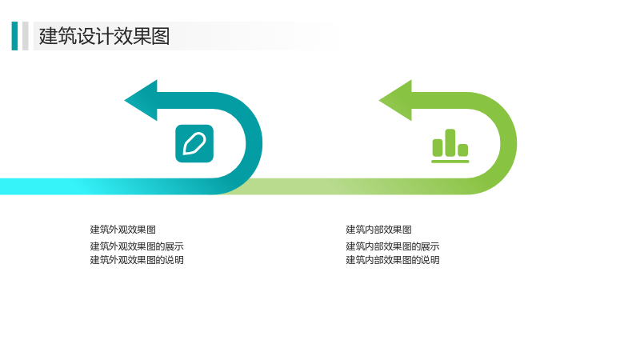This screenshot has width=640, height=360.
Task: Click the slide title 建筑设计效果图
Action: [x=104, y=36]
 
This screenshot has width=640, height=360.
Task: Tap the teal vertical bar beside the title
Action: [x=14, y=36]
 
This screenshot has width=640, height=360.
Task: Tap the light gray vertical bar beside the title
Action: [x=26, y=36]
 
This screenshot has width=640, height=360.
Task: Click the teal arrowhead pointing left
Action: [x=142, y=101]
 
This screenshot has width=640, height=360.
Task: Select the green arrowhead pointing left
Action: [x=396, y=101]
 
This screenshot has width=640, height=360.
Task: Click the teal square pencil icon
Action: [x=194, y=144]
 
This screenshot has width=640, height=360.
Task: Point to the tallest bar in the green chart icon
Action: [x=450, y=143]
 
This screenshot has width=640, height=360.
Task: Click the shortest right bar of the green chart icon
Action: [x=463, y=150]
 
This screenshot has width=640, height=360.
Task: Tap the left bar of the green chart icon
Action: [x=438, y=148]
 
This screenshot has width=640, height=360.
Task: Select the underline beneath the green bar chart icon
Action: [x=450, y=162]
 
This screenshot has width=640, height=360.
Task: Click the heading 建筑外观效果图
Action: [x=123, y=230]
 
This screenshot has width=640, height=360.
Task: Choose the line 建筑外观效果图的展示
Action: [x=137, y=246]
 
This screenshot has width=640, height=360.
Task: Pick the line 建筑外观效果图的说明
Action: [x=137, y=260]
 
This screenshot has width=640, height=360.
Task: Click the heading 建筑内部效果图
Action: [x=378, y=230]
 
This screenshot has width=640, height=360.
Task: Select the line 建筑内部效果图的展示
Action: [x=393, y=246]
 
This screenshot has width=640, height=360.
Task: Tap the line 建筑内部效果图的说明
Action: [x=393, y=260]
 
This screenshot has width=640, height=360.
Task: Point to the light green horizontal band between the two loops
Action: [x=326, y=186]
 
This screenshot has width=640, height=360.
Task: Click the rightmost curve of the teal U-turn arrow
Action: [x=254, y=144]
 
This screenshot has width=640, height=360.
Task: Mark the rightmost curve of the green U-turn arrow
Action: [x=509, y=144]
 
